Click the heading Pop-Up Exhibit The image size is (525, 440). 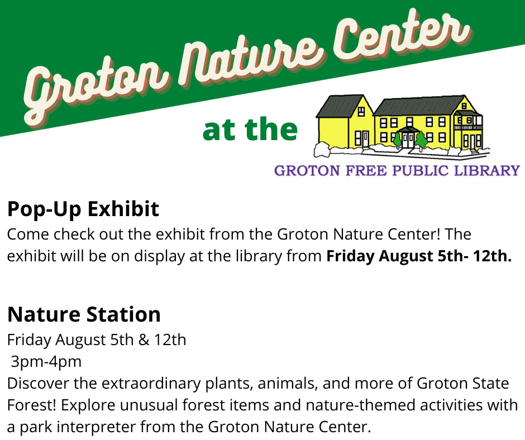pyautogui.click(x=83, y=209)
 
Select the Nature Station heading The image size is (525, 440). pyautogui.click(x=84, y=314)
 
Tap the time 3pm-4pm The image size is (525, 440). pyautogui.click(x=46, y=362)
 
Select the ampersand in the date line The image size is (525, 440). pyautogui.click(x=144, y=339)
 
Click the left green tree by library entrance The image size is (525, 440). pyautogui.click(x=398, y=140)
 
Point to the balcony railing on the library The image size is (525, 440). pyautogui.click(x=468, y=127)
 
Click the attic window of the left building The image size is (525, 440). pyautogui.click(x=361, y=111)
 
